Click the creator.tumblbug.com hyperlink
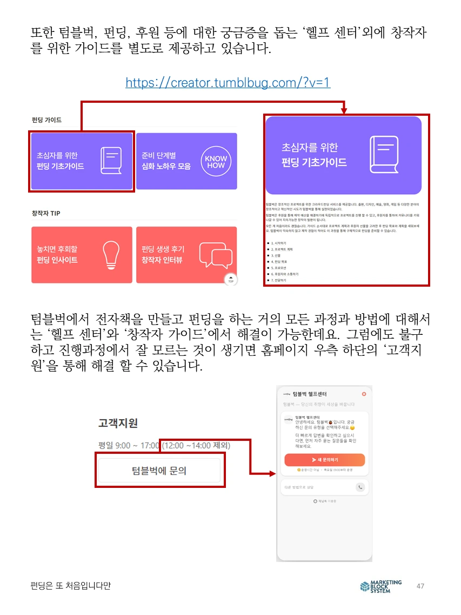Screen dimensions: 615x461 click(x=228, y=83)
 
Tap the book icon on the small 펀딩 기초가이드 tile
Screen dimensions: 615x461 click(x=111, y=161)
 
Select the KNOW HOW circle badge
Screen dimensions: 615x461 click(x=216, y=161)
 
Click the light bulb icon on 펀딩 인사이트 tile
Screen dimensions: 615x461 click(x=111, y=255)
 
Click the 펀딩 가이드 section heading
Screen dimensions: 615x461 click(x=46, y=120)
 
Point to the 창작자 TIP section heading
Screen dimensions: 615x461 click(x=46, y=214)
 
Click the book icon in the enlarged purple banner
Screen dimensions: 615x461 click(x=387, y=155)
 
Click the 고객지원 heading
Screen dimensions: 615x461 click(x=118, y=423)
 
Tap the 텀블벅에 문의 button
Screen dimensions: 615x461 click(x=159, y=471)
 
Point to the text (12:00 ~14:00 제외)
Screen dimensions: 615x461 click(x=197, y=446)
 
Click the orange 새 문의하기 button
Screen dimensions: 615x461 click(x=324, y=460)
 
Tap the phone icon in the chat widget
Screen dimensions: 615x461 click(x=360, y=487)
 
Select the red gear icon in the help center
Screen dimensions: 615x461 click(x=364, y=394)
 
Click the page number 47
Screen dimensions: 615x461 click(x=420, y=586)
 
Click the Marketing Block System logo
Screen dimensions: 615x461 click(x=381, y=586)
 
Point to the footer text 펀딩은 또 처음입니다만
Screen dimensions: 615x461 click(x=71, y=586)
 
